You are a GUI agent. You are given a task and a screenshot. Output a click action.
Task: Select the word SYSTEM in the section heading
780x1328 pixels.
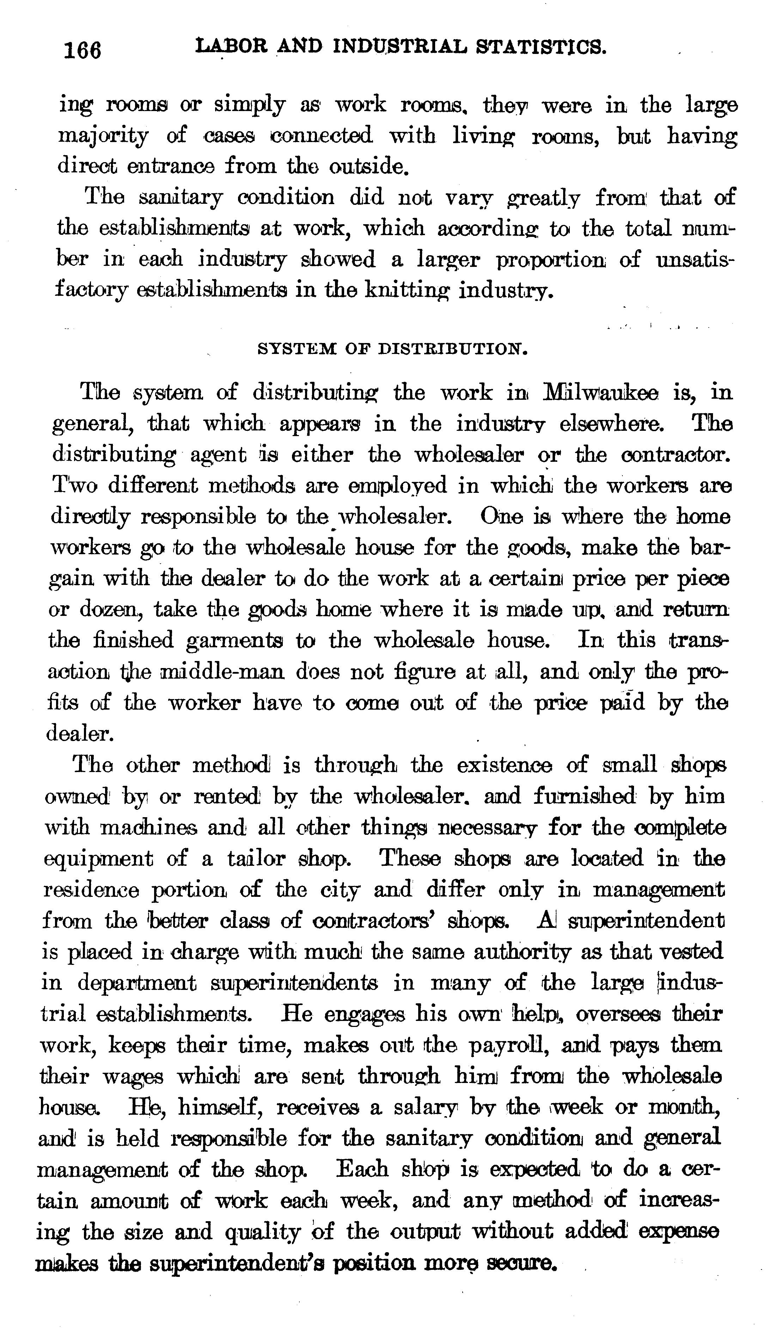[295, 349]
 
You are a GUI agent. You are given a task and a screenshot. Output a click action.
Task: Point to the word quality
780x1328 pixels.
[262, 1232]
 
